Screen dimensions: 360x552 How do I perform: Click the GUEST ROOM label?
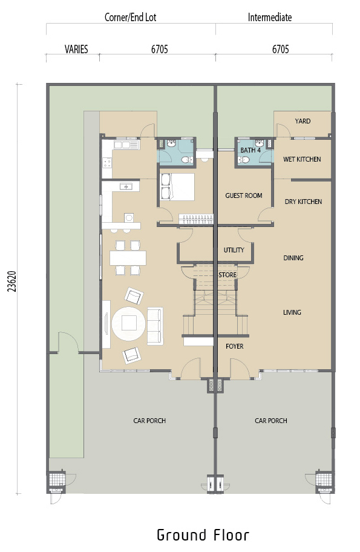tap(243, 195)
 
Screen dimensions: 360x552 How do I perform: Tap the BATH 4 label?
tap(250, 150)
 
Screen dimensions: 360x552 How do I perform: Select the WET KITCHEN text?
tap(302, 159)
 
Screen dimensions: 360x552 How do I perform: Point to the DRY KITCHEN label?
tap(303, 202)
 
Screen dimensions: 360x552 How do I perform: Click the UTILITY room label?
tap(234, 250)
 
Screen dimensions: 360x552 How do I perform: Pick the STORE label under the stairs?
tap(227, 275)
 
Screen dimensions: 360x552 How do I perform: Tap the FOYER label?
tap(234, 346)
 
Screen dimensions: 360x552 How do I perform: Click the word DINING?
tap(293, 258)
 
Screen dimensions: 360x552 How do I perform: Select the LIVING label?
tap(292, 312)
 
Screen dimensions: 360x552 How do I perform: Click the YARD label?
tap(303, 121)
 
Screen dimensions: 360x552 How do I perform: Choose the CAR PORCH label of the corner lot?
tap(149, 420)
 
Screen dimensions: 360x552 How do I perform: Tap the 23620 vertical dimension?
tap(12, 281)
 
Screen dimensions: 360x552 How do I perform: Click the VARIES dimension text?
tap(76, 49)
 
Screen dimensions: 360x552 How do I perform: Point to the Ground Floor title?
tap(203, 535)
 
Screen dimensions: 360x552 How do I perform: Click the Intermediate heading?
tap(270, 17)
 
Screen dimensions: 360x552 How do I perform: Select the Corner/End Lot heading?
tap(130, 17)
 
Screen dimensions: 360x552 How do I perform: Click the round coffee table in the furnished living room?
tap(128, 324)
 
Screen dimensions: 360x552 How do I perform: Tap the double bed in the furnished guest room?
tap(177, 187)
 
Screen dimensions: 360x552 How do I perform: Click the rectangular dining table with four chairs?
tap(128, 258)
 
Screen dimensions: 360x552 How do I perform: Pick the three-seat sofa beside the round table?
tap(155, 326)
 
